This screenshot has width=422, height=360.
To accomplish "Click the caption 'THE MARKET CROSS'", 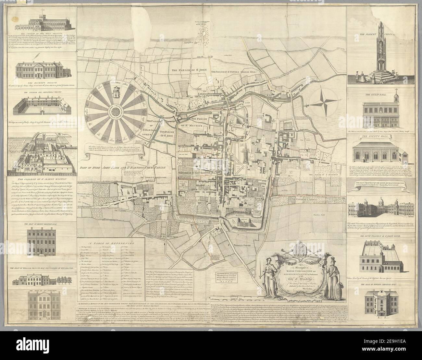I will pyautogui.click(x=375, y=29).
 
